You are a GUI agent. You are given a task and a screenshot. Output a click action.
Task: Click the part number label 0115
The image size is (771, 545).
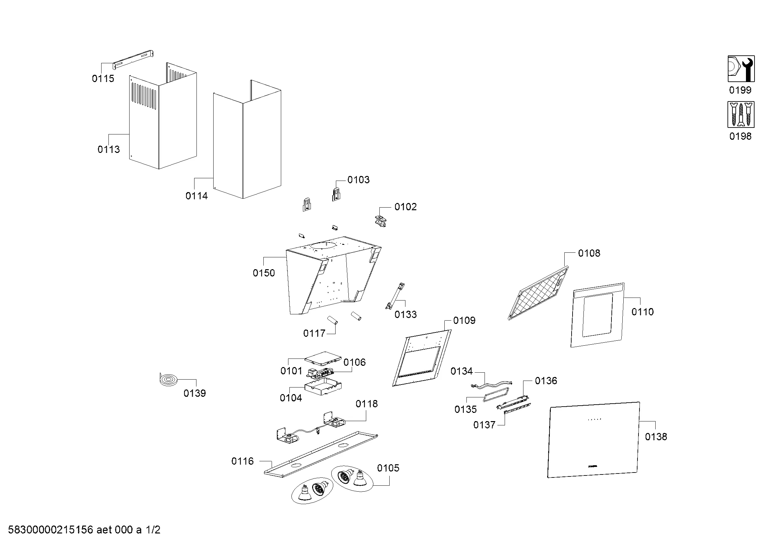point(103,78)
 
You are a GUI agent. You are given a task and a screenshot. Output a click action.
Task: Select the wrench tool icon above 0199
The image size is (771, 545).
point(741,69)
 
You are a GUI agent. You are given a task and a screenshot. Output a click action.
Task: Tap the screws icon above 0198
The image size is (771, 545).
point(741,114)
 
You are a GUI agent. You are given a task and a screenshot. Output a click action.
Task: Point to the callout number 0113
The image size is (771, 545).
point(108,149)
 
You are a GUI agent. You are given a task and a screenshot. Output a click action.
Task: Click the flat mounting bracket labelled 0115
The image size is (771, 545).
point(133,59)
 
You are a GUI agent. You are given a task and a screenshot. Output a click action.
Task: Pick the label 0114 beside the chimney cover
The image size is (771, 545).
point(196,196)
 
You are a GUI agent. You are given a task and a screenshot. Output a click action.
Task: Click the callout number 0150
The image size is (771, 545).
point(264,273)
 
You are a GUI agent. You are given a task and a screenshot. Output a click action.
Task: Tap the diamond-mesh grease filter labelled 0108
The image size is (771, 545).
point(538,293)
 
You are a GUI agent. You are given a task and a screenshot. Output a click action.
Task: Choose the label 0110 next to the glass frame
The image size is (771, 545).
point(642,312)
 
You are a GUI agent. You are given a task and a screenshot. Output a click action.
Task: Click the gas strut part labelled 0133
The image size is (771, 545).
point(395,295)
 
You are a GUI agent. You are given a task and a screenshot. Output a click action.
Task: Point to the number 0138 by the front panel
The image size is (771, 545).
point(656,437)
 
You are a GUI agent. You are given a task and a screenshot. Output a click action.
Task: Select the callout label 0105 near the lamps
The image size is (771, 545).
point(388,468)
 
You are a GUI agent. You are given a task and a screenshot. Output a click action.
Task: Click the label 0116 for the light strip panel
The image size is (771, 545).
point(242,461)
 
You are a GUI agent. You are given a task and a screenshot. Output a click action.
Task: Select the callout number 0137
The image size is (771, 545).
point(484,425)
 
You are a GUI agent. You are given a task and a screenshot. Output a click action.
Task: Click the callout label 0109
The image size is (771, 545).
point(464,321)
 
